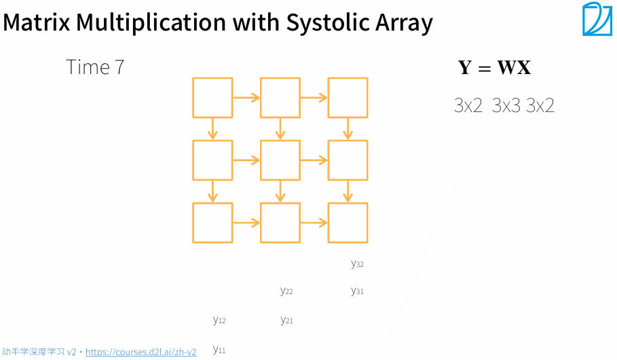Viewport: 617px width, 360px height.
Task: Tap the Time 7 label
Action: click(95, 67)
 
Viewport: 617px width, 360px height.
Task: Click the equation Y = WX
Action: click(494, 67)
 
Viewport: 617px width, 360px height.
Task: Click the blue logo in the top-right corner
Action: click(597, 19)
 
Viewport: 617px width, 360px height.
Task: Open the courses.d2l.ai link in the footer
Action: click(141, 352)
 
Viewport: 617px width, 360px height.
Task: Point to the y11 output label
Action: click(219, 350)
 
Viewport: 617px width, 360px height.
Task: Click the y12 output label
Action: click(219, 320)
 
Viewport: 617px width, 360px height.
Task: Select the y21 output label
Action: click(286, 320)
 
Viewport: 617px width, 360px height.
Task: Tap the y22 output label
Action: click(286, 291)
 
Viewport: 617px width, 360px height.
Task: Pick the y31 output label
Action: click(357, 291)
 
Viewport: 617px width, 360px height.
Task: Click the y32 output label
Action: click(357, 264)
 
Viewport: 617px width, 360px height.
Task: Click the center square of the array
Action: click(280, 160)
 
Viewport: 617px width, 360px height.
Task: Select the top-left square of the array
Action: click(212, 98)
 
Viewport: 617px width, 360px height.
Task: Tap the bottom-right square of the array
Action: click(348, 223)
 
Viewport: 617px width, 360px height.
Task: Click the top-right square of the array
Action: click(348, 98)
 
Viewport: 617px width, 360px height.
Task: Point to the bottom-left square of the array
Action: click(212, 223)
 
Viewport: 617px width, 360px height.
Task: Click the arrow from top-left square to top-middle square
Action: click(246, 98)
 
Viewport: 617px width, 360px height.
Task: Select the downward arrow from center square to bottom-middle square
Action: click(280, 192)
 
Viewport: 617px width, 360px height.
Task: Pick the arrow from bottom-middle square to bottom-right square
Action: click(314, 223)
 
